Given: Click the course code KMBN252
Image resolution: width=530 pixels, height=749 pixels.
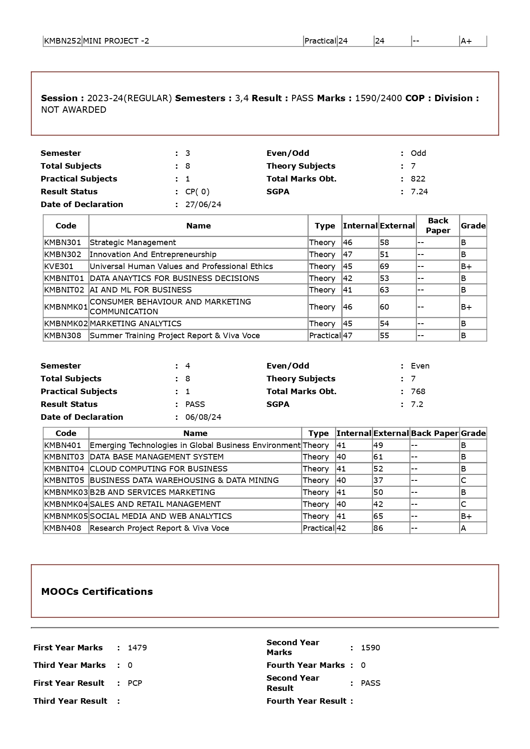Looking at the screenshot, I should (x=62, y=41).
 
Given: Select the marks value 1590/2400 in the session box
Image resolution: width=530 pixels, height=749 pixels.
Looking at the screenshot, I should (x=378, y=98).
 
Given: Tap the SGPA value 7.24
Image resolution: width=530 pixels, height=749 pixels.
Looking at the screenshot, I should (x=419, y=192).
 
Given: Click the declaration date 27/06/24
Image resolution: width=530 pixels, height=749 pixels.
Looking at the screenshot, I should (x=203, y=205).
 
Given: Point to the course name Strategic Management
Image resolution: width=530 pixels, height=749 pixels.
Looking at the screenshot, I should (x=133, y=243).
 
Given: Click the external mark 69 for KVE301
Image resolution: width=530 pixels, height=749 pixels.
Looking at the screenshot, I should (x=384, y=266).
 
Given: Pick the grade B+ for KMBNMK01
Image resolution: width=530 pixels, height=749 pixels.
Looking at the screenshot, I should (x=466, y=307).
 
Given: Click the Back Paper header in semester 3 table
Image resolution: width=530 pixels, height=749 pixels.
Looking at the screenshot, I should (x=438, y=225).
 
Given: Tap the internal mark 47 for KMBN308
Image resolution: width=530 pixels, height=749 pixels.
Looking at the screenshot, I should (x=348, y=336).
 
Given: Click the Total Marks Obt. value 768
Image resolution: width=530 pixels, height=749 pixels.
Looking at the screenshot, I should (x=418, y=392).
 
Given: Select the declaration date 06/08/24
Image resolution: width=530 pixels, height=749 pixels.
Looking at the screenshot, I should (x=203, y=417).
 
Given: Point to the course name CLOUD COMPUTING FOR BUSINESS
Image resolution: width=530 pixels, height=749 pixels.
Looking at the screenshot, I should (x=158, y=469).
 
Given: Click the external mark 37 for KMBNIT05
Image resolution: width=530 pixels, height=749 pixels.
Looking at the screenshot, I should (x=378, y=480).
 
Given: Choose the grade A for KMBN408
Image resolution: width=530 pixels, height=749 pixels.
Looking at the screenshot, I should (x=463, y=528).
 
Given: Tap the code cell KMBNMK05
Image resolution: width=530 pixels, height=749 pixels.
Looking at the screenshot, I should (x=66, y=516).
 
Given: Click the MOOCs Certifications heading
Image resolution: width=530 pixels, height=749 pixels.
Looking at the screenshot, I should (x=97, y=591).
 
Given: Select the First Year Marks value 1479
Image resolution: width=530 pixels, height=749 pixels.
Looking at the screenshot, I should (x=137, y=648).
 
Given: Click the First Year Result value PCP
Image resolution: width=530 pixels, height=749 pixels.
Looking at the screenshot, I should (x=135, y=683).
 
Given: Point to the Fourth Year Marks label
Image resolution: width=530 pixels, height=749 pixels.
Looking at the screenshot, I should (x=305, y=665).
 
